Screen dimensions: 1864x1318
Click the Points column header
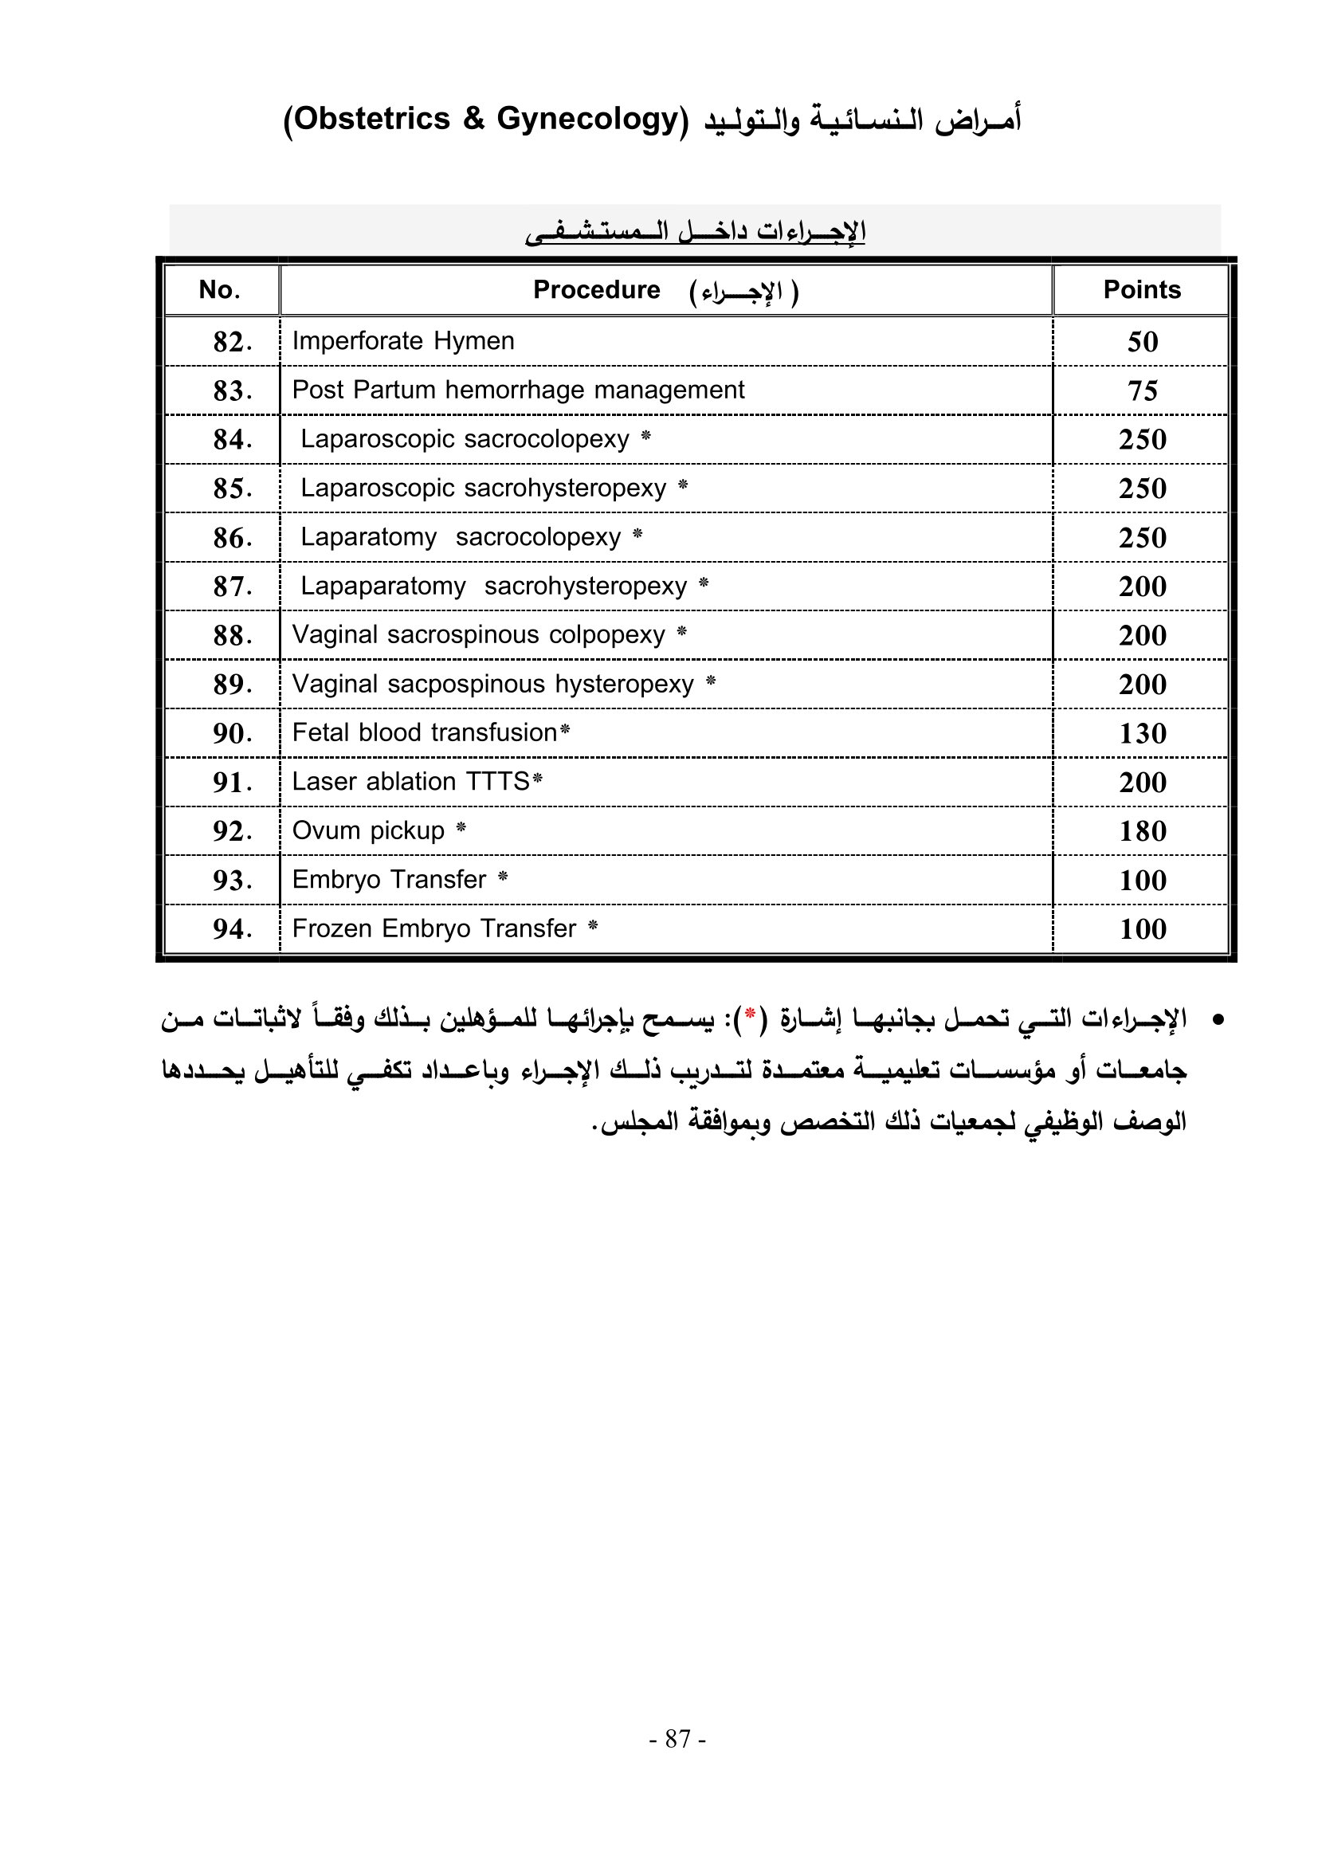pos(1141,290)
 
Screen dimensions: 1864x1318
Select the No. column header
pos(219,290)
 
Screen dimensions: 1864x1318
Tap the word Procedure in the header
pos(596,290)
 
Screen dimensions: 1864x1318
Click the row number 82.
pos(232,342)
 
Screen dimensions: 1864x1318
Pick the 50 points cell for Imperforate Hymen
pos(1142,342)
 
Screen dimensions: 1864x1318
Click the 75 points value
pos(1142,390)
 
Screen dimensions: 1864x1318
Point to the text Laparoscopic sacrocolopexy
pos(465,439)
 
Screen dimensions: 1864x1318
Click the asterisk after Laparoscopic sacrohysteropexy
pos(683,486)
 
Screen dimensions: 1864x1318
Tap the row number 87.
pos(232,587)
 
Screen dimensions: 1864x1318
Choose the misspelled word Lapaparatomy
pos(383,587)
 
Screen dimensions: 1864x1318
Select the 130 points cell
pos(1142,734)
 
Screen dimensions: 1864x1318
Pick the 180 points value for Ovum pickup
pos(1142,831)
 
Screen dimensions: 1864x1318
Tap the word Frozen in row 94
pos(333,928)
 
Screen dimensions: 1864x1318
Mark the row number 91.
pos(232,783)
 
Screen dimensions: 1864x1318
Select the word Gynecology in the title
pos(586,120)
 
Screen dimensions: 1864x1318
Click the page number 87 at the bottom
pos(677,1738)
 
